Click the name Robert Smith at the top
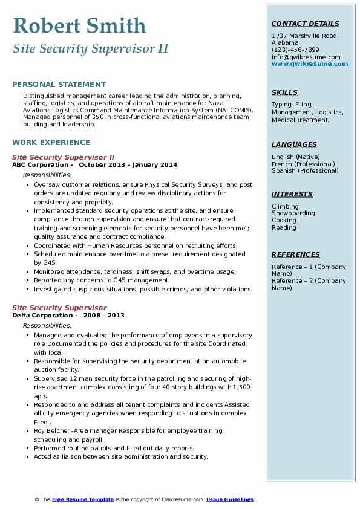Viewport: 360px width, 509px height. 79,26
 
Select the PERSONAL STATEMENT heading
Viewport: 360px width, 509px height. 59,85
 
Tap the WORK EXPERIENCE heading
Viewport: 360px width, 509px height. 51,143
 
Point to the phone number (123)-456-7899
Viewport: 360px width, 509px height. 295,50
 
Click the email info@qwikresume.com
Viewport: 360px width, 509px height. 306,57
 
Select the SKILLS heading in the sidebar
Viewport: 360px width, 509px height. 284,93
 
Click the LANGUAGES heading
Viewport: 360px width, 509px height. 294,145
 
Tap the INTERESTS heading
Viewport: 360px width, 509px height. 292,195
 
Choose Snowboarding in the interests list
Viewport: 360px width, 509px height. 293,213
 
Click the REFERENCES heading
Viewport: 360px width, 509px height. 296,255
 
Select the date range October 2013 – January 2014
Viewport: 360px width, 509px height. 128,165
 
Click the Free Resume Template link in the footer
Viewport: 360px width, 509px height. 83,499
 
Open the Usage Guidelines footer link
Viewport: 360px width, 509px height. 230,499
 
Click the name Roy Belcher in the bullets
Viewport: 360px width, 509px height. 52,431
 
